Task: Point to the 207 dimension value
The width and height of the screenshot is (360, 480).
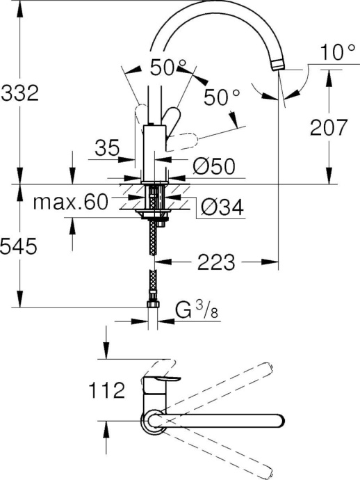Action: coord(327,127)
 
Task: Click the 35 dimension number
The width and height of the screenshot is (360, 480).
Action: coord(106,148)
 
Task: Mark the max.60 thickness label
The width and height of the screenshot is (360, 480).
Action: coord(72,202)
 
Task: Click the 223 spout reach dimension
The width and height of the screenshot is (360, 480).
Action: coord(215,262)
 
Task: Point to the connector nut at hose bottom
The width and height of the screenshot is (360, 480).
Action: coord(153,305)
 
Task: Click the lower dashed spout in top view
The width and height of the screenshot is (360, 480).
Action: coord(229,452)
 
